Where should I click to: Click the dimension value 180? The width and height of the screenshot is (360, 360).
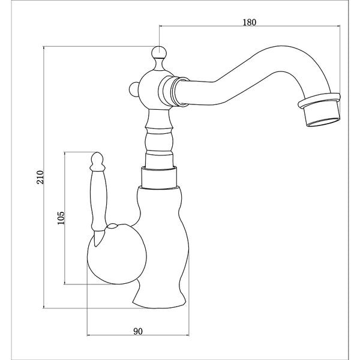point(250,22)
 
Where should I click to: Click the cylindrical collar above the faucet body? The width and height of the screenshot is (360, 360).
point(159,177)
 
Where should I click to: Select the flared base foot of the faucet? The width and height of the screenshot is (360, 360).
point(158,297)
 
